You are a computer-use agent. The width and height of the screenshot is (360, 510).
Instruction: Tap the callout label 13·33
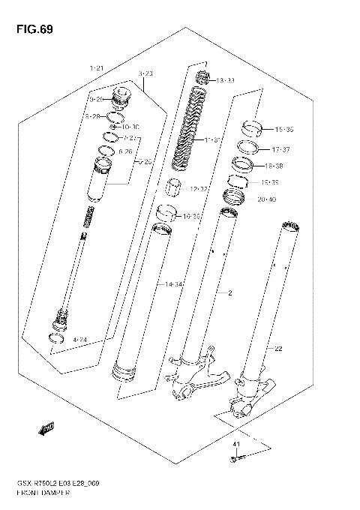224,80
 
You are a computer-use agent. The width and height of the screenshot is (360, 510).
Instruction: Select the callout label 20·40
266,199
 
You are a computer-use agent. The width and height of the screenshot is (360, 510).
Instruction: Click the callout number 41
237,445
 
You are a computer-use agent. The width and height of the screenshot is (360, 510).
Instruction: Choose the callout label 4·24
80,340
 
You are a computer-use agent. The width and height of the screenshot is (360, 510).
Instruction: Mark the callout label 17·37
281,148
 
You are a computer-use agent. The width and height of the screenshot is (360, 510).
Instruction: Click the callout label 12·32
198,189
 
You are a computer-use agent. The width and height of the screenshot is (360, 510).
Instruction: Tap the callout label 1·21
95,68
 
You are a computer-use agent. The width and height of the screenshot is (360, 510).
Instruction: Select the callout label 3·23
145,73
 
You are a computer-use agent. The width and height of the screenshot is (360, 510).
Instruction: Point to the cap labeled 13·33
201,77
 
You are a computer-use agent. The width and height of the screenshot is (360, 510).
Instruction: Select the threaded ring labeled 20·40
236,199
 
